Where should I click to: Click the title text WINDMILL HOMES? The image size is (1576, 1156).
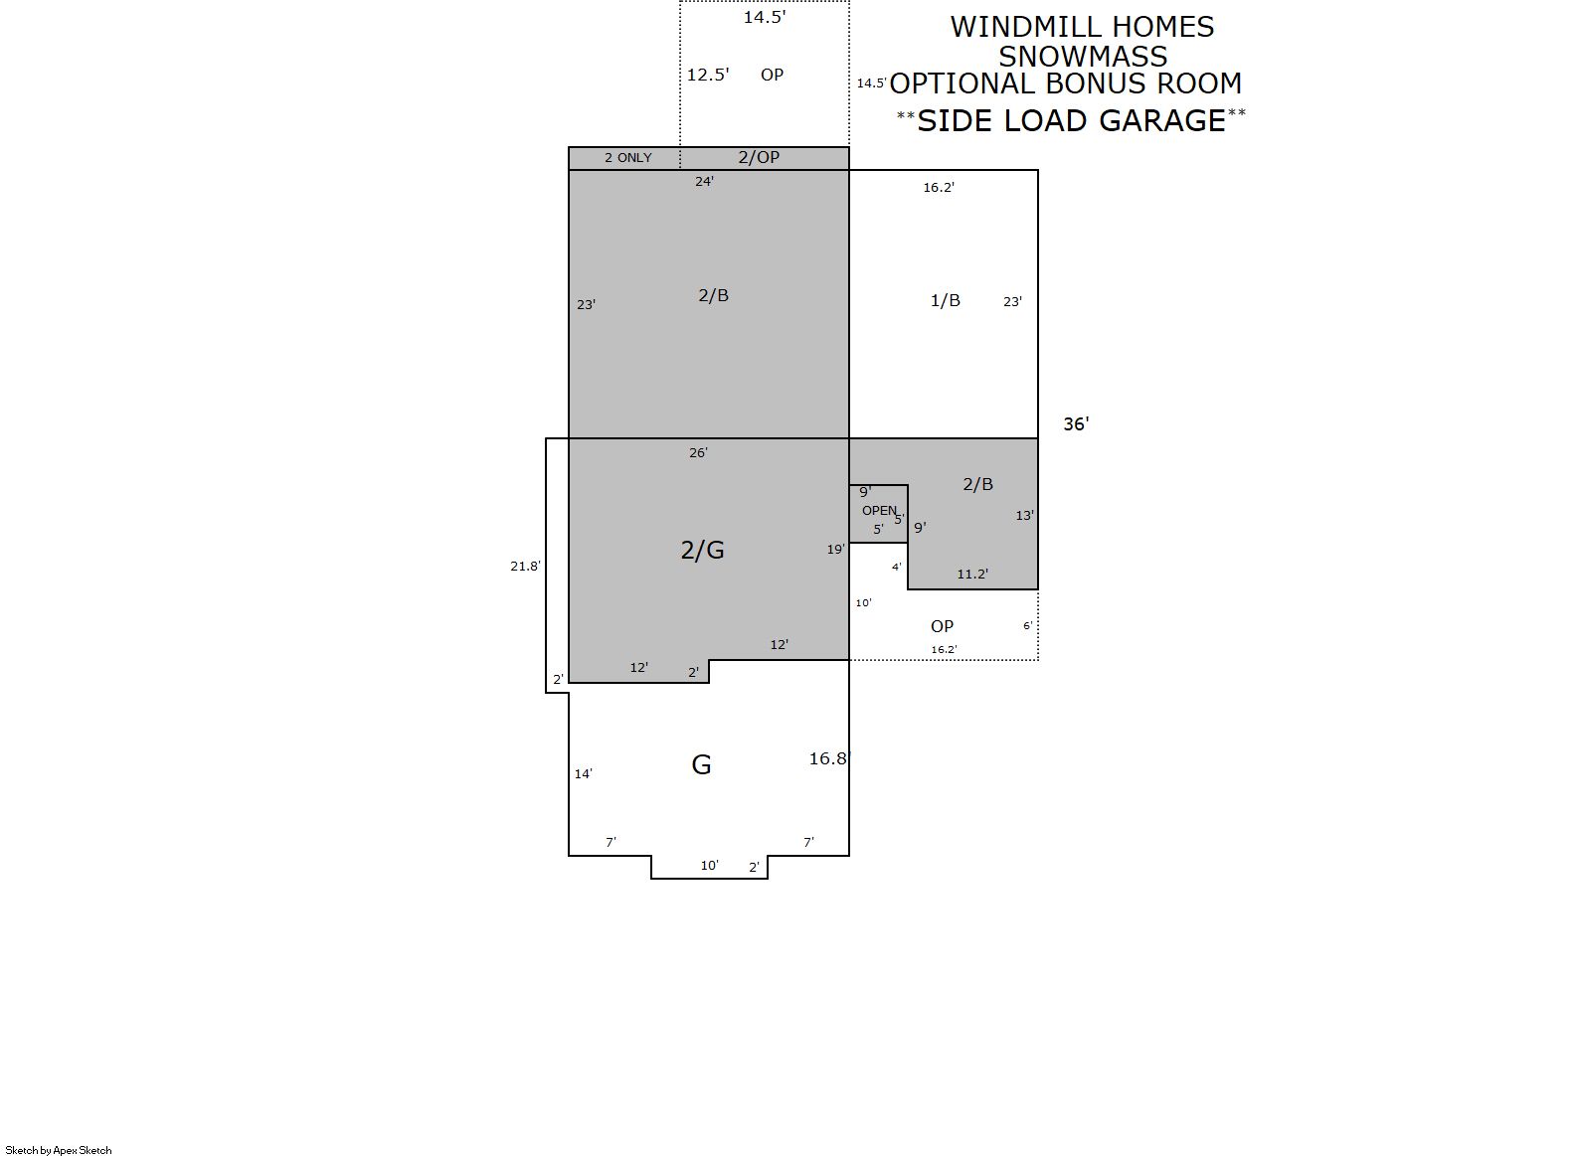[1082, 28]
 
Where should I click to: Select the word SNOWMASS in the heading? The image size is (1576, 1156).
[1083, 57]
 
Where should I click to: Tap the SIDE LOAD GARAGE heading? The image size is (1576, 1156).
[1072, 120]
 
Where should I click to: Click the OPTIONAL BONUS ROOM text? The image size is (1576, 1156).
[1066, 83]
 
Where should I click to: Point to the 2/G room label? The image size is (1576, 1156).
[702, 550]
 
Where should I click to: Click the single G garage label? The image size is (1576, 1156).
[701, 764]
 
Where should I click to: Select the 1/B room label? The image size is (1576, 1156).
[945, 301]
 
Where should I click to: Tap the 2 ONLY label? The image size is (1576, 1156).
[628, 157]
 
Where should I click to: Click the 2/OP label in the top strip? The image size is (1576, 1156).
[759, 157]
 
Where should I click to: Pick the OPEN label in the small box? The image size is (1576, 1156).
[879, 511]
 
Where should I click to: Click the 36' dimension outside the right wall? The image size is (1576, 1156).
[1076, 424]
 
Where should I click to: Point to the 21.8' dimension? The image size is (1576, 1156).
[526, 566]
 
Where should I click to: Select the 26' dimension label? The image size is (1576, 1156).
[698, 453]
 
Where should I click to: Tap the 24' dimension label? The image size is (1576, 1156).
[704, 182]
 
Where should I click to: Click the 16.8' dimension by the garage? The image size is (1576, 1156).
[829, 758]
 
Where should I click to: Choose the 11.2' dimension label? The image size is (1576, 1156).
[972, 574]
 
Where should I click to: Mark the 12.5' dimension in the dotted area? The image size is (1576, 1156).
[708, 75]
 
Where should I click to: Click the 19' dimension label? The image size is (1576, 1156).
[836, 549]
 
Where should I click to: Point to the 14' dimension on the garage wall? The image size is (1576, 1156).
[584, 774]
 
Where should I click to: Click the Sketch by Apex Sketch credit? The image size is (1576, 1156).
[59, 1150]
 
